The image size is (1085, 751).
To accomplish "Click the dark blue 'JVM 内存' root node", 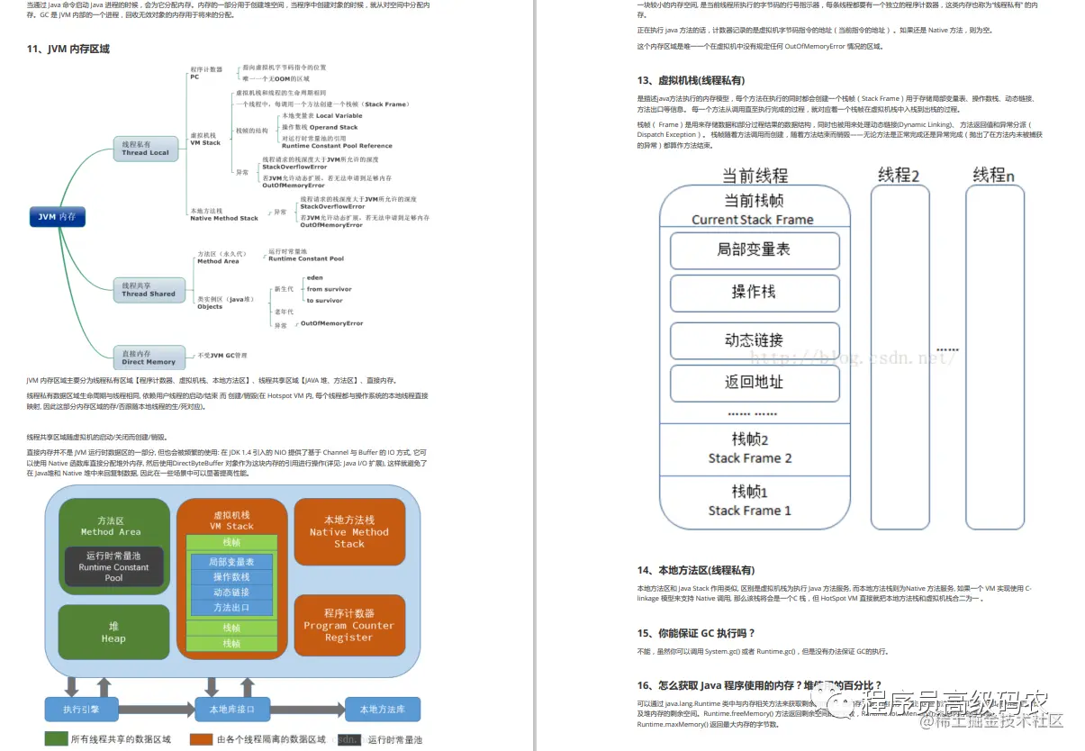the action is pos(57,216).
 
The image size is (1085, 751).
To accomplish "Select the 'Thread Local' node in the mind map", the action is pos(145,148).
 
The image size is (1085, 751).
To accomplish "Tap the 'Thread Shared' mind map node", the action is pos(149,289).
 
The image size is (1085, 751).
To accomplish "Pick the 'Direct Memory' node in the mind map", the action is pos(149,357).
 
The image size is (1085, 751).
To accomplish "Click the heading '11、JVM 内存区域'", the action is pos(68,49).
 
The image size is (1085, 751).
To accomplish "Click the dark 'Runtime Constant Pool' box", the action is pos(114,567).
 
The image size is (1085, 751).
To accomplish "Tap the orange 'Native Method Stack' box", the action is pos(349,531).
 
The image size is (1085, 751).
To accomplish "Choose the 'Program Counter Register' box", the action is pos(349,625).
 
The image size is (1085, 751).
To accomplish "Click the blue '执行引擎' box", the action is pos(82,709).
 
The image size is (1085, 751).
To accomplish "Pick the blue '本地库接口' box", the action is pos(231,709).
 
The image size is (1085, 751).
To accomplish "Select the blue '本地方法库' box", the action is pos(382,709).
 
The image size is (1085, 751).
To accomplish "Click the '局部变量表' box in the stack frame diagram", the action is pos(755,250).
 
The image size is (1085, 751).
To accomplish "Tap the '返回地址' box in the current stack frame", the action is pos(755,382).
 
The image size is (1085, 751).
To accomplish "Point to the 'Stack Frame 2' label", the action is pos(750,458).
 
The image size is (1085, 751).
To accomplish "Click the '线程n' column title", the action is pos(994,176).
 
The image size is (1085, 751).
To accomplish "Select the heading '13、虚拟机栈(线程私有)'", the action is pos(691,80).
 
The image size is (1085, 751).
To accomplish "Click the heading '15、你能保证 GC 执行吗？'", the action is pos(696,633).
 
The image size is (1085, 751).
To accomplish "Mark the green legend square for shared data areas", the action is pos(55,739).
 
